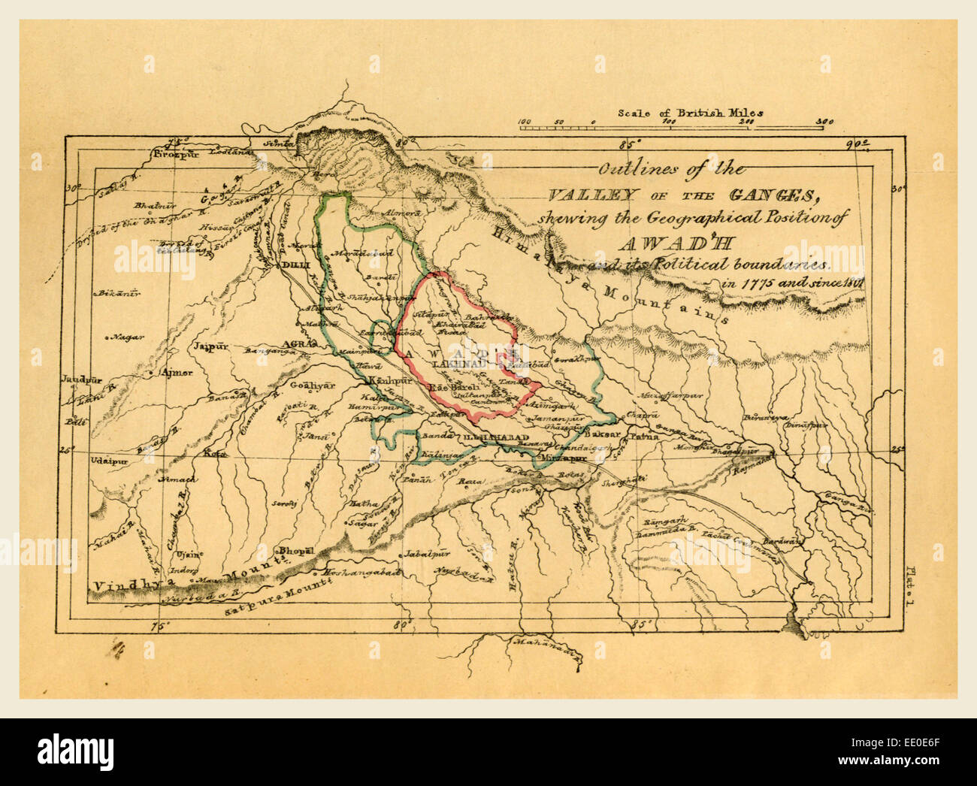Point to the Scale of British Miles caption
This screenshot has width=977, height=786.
coord(690,113)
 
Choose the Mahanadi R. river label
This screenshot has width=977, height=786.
coord(545,643)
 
